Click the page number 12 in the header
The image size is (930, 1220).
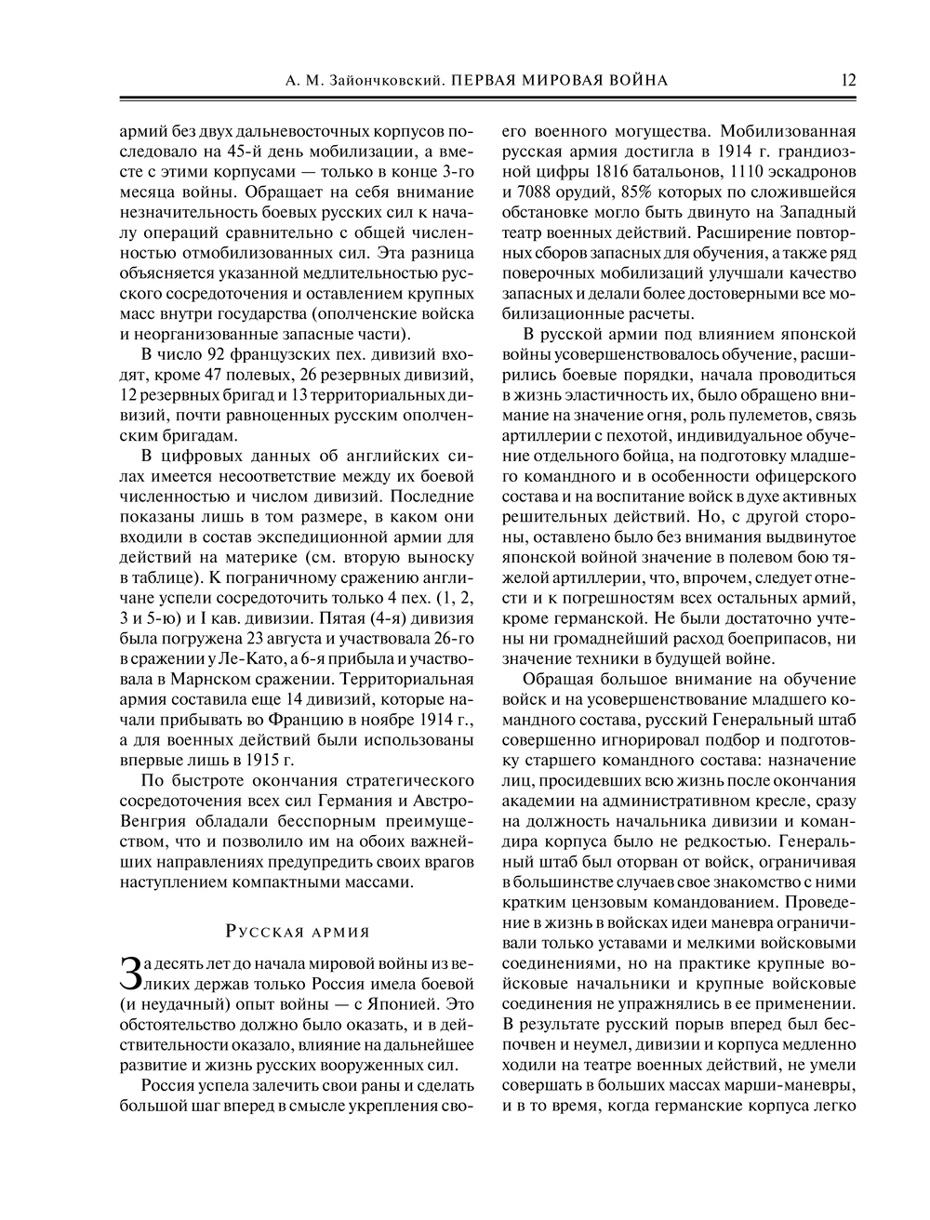pos(847,80)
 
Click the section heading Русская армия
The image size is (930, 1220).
pos(298,932)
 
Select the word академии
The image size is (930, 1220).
pos(534,801)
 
